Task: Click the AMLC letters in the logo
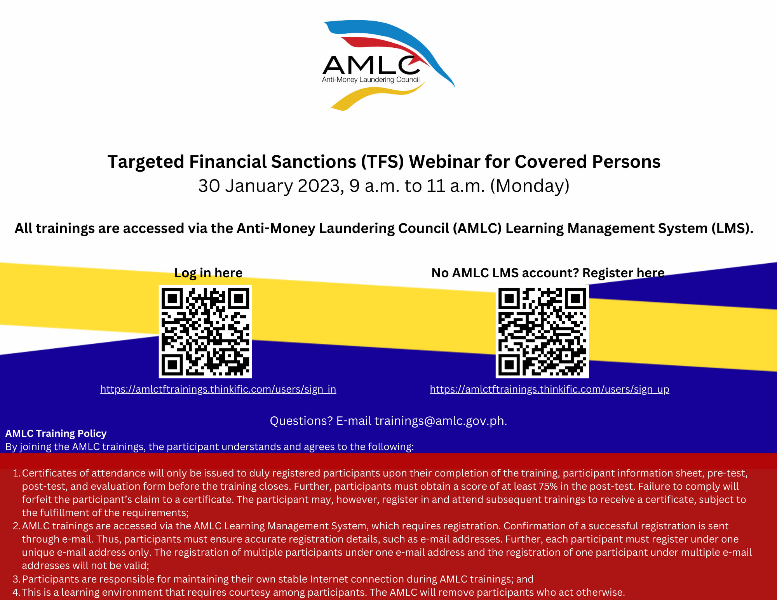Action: click(371, 65)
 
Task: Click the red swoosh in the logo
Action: click(385, 49)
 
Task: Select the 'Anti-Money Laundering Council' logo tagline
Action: click(371, 80)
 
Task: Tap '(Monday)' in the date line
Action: click(530, 186)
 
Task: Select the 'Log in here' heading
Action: click(208, 273)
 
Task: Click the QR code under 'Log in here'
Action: click(206, 332)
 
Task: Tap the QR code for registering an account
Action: click(542, 332)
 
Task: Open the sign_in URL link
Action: click(218, 389)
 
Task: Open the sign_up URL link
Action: click(550, 389)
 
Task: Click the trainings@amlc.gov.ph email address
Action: click(441, 421)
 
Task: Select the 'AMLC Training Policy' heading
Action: click(56, 433)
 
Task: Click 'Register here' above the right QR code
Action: click(624, 273)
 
